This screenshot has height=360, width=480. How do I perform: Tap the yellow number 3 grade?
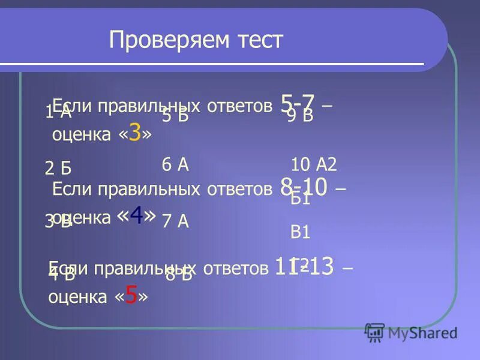click(134, 134)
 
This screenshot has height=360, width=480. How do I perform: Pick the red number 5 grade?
click(132, 295)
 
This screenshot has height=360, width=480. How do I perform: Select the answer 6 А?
click(175, 165)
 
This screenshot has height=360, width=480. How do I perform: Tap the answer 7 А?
click(175, 221)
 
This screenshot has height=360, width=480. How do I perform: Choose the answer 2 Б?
click(58, 169)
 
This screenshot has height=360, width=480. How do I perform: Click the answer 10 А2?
click(314, 164)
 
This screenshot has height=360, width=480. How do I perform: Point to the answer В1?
click(300, 232)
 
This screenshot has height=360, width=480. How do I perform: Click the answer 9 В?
click(300, 116)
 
